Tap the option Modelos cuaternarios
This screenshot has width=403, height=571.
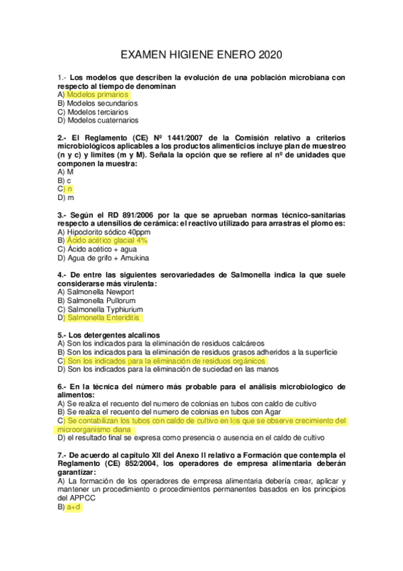(102, 121)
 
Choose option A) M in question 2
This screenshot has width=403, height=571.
(66, 172)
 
